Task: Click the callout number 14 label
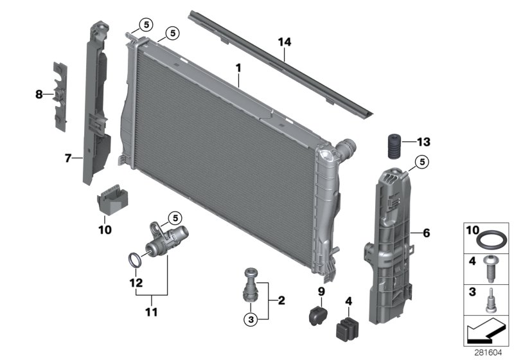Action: [x=285, y=42]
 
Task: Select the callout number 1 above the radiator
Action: [x=238, y=67]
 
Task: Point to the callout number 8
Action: [x=39, y=94]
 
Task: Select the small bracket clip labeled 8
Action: [x=60, y=94]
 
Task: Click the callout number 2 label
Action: [x=281, y=300]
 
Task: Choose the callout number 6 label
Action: [x=425, y=233]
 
